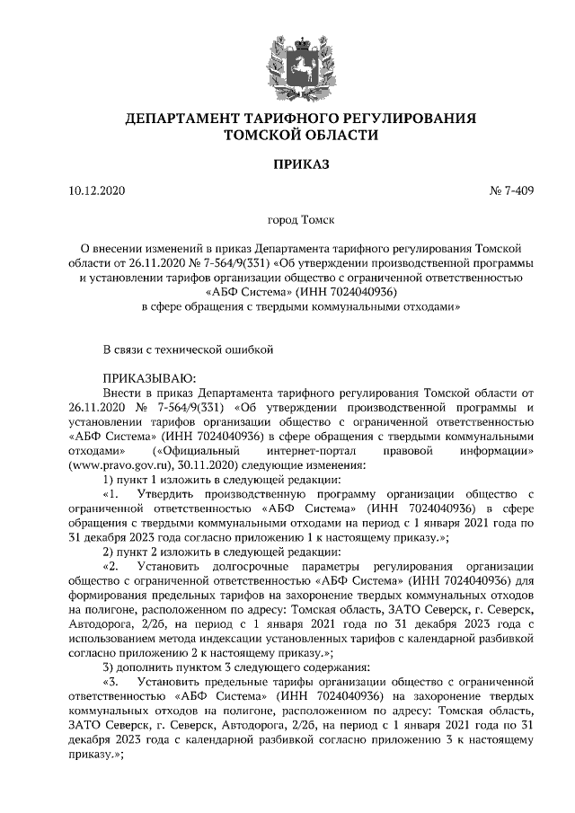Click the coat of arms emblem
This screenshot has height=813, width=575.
pyautogui.click(x=287, y=57)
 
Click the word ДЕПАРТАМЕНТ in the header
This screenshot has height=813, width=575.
pyautogui.click(x=180, y=119)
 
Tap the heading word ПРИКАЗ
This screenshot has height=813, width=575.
pyautogui.click(x=287, y=165)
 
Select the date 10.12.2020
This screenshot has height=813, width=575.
pyautogui.click(x=97, y=191)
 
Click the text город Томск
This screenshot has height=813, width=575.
pyautogui.click(x=287, y=218)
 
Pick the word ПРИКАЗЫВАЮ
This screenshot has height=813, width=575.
pyautogui.click(x=148, y=379)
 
